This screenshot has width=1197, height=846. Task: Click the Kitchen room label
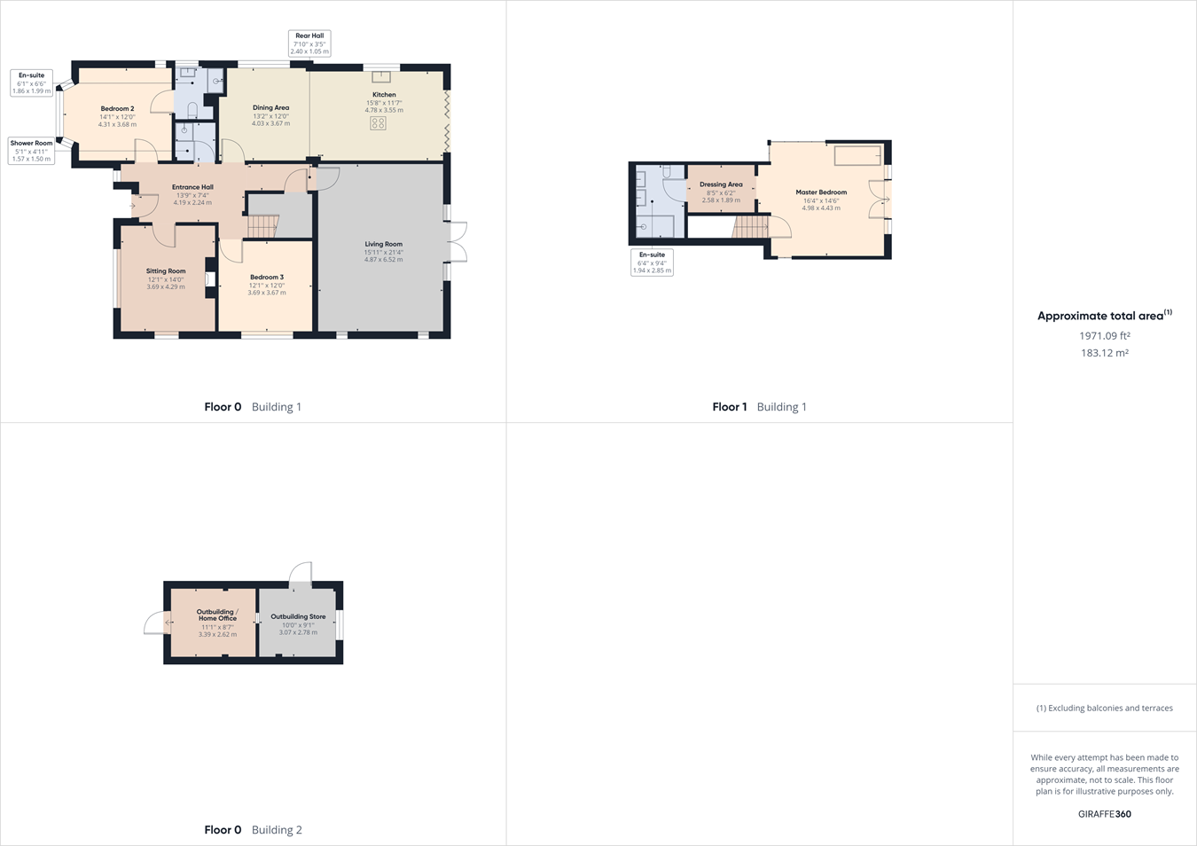click(x=384, y=95)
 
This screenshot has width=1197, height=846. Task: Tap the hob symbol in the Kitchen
click(x=378, y=124)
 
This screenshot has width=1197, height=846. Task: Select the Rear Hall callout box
click(x=309, y=43)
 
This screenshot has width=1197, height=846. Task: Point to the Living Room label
click(x=383, y=245)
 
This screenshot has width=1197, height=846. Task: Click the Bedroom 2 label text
click(x=117, y=109)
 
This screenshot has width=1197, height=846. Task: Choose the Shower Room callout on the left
click(x=31, y=151)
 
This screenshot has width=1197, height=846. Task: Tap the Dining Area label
click(x=270, y=108)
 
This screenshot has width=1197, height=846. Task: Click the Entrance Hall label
click(x=192, y=187)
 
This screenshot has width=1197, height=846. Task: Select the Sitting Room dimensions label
click(x=166, y=283)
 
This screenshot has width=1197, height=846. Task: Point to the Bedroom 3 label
click(x=266, y=278)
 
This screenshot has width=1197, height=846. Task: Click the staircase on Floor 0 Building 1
click(x=262, y=227)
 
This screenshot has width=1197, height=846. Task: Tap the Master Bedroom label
click(x=821, y=192)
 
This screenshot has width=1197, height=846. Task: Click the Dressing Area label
click(x=720, y=184)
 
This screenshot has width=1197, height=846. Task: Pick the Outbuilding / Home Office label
click(x=217, y=615)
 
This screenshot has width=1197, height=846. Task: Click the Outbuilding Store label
click(x=298, y=616)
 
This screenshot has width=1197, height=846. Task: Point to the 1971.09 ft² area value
click(x=1104, y=336)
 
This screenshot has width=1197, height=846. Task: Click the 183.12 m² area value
click(x=1104, y=353)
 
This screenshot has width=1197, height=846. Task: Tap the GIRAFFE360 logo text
click(x=1104, y=814)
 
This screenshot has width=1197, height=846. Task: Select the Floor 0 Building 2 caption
click(x=253, y=830)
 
